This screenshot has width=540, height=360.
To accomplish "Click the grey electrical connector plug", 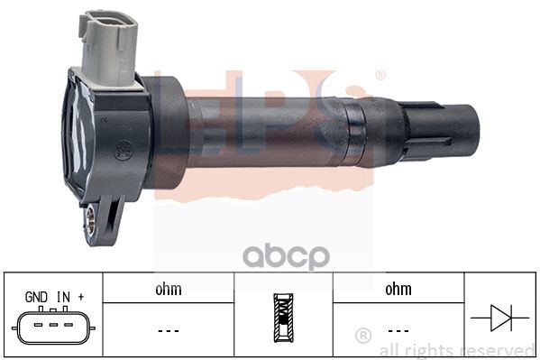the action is [x=109, y=49].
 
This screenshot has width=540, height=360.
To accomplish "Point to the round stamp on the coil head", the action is [x=123, y=151].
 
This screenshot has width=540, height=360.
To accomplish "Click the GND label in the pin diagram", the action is [x=36, y=297].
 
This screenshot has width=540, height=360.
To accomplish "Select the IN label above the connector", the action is [x=63, y=297].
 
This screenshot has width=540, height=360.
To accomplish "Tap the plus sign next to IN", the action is [x=81, y=296].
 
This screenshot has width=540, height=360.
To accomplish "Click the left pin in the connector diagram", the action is [x=38, y=325].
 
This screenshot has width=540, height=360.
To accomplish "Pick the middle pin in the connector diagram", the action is [x=53, y=325].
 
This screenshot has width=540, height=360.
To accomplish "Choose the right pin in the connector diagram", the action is [x=69, y=325].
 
